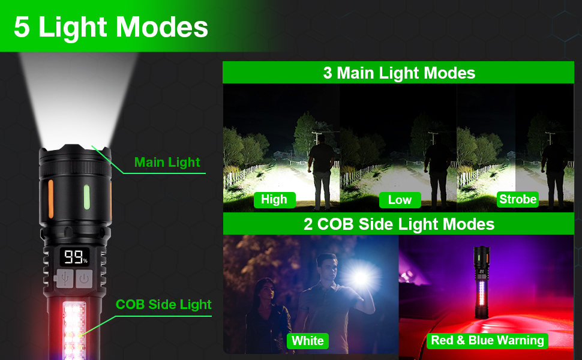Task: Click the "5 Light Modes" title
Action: point(111,27)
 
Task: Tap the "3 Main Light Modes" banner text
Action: point(399,73)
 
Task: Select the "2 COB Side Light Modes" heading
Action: point(399,224)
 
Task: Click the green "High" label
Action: point(274,199)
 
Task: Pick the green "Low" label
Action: point(400,200)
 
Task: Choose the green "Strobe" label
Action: point(518,199)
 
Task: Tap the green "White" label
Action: point(308,341)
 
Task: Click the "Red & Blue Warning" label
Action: point(487,340)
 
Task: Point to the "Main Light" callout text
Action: point(167,162)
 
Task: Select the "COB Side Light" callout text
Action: point(163,304)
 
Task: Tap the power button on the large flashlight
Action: point(85,278)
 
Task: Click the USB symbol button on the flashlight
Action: point(65,278)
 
